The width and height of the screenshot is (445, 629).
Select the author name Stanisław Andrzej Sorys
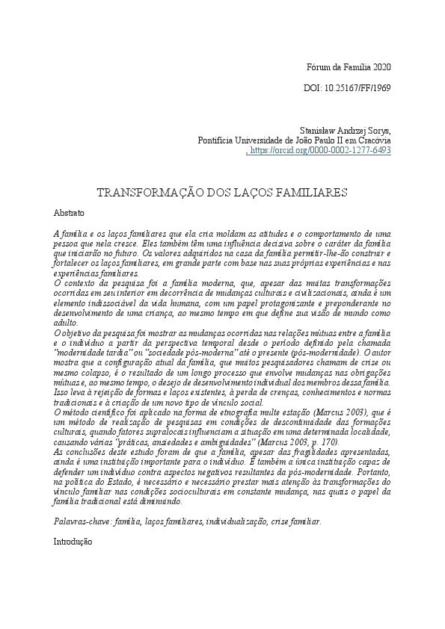pos(345,129)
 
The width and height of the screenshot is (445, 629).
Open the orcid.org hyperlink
pos(320,150)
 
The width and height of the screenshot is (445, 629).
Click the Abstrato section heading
pos(70,213)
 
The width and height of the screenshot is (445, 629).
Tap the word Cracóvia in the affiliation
pos(372,140)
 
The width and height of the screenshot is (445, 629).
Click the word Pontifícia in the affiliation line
pos(218,140)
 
